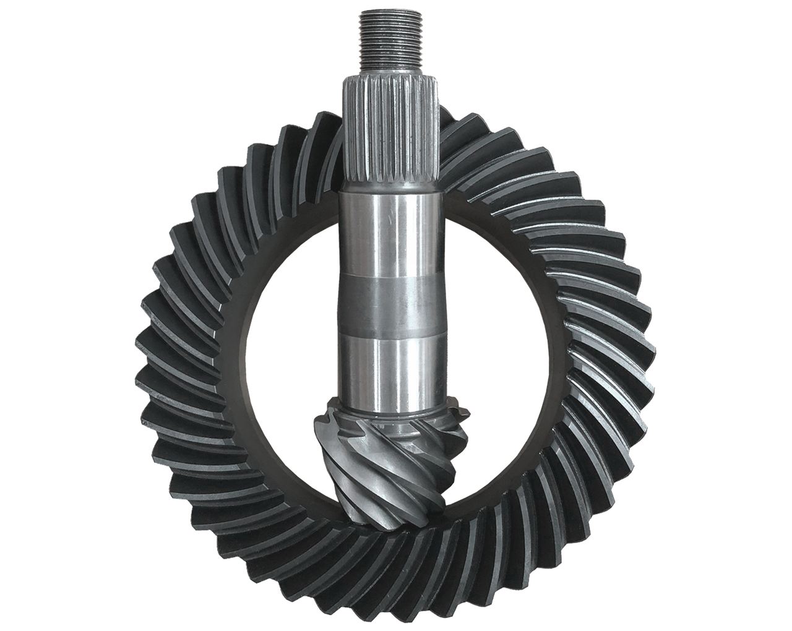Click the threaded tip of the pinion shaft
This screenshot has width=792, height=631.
[x=390, y=43]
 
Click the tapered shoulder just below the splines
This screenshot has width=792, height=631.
[x=390, y=186]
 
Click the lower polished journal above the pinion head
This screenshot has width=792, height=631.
[x=390, y=368]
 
